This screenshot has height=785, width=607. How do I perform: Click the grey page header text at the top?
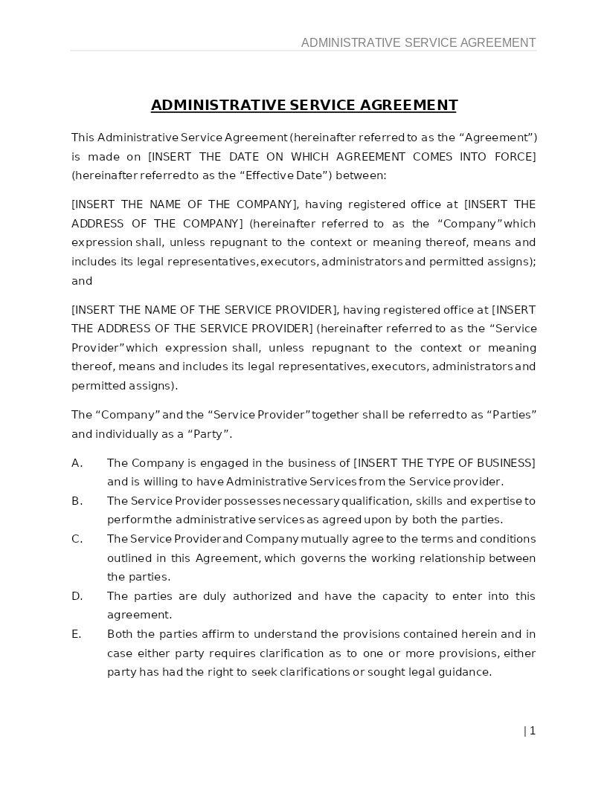[x=418, y=42]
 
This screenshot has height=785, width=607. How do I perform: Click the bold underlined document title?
[x=303, y=105]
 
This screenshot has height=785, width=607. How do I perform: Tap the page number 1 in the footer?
[x=533, y=731]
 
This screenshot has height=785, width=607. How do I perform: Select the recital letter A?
[x=77, y=463]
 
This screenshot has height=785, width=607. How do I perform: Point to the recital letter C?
[x=77, y=539]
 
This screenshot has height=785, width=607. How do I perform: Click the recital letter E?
[x=76, y=634]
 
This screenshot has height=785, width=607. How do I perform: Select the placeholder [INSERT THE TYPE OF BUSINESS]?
[x=444, y=463]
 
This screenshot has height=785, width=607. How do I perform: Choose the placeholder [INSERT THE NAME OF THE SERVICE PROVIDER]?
[x=205, y=309]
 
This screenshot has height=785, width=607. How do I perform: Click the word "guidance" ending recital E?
[x=466, y=672]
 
